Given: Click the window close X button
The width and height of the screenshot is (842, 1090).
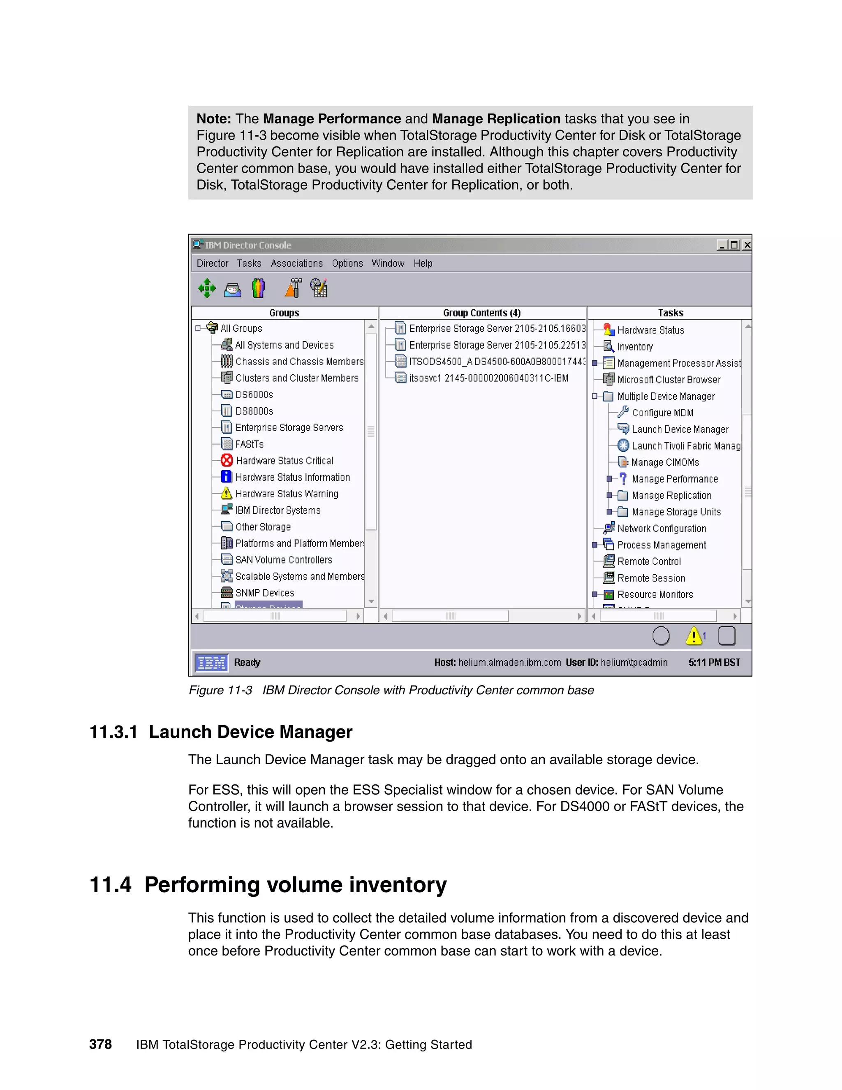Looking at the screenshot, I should [x=747, y=245].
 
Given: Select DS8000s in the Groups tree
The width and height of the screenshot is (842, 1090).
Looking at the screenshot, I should [x=254, y=411].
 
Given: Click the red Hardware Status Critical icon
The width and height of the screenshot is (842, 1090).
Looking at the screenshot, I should [x=227, y=460].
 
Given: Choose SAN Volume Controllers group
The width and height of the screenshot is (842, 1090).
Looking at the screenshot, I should [x=283, y=560].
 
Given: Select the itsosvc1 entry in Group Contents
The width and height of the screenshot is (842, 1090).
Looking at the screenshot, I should [x=488, y=378].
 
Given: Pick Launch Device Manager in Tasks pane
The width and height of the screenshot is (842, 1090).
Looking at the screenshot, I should [x=679, y=429].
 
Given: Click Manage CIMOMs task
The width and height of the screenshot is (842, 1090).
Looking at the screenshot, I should [x=664, y=462].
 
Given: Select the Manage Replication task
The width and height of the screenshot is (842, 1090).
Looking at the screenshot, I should [x=671, y=496].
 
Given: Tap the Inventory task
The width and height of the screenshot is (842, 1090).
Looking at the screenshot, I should [x=634, y=347].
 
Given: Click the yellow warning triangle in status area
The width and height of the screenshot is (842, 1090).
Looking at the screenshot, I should [x=693, y=636].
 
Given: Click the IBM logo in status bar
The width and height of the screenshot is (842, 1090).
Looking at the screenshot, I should [x=211, y=663].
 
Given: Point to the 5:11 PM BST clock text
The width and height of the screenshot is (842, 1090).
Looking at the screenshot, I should [x=714, y=662].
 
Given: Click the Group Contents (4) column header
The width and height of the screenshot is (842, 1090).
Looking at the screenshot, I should [x=481, y=313].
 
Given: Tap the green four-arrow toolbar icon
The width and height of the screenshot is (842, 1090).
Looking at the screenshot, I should [x=206, y=288].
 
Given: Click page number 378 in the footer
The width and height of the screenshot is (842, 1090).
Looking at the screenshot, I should [x=100, y=1045].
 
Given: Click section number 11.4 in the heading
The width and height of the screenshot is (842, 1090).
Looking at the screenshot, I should [x=110, y=885].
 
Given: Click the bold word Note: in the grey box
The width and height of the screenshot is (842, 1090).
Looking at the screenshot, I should [x=213, y=119].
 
